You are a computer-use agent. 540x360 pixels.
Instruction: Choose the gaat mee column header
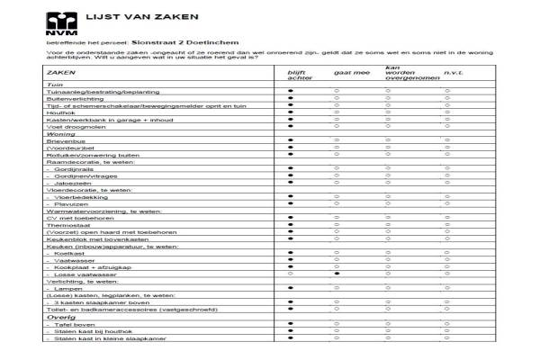click(336, 72)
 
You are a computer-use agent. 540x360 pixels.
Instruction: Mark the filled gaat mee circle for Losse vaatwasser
click(336, 274)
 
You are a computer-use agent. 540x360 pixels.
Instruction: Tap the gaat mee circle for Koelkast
click(336, 252)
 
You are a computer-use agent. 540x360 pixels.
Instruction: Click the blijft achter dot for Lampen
click(291, 287)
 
